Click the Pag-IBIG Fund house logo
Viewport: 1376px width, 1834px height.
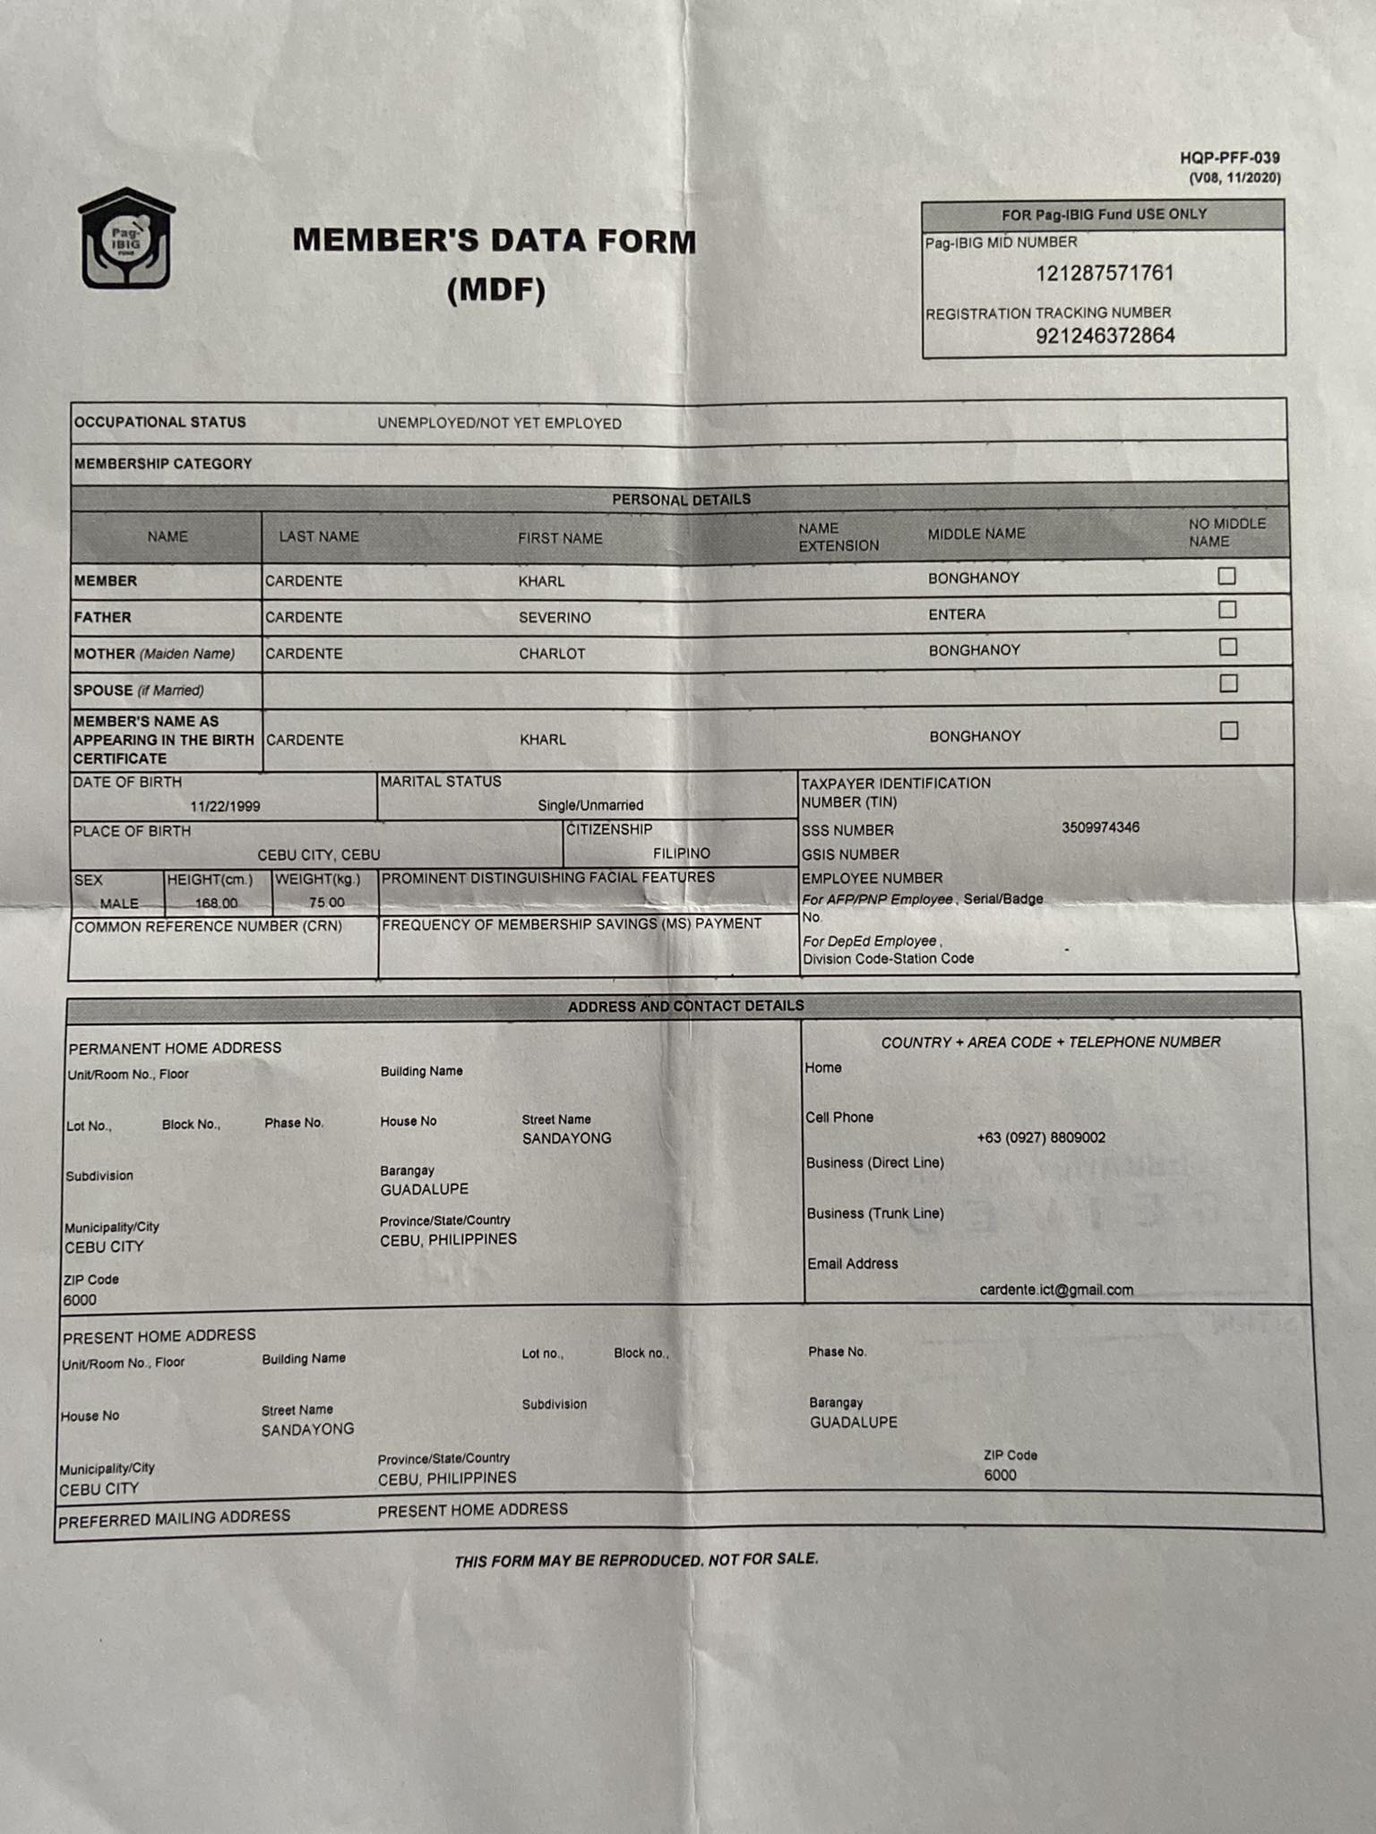tap(126, 239)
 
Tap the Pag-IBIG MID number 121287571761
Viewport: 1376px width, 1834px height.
tap(1105, 273)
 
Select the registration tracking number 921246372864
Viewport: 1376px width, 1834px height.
tap(1105, 336)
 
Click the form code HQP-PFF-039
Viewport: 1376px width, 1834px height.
tap(1229, 158)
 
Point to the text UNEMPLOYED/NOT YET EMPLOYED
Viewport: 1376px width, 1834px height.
tap(499, 424)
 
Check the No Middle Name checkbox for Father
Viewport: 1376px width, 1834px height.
tap(1227, 610)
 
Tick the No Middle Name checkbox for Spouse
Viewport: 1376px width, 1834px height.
tap(1228, 683)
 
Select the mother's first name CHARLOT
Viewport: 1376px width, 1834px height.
tap(552, 654)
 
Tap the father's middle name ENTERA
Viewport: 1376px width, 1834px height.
tap(957, 614)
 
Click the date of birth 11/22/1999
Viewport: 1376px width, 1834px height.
tap(225, 806)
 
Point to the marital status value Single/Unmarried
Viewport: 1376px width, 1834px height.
tap(590, 805)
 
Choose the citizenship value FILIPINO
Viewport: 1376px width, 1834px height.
tap(682, 853)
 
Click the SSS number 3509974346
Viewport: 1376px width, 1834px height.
tap(1100, 827)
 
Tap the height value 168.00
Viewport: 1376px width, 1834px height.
tap(217, 903)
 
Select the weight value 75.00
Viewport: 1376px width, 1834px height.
tap(326, 902)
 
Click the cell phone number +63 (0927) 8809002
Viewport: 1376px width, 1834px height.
tap(1041, 1137)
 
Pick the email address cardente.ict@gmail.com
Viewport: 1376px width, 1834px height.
tap(1056, 1290)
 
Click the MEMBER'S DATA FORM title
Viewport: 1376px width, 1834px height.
tap(494, 241)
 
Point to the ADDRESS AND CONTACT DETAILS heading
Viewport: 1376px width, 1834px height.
tap(685, 1006)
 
